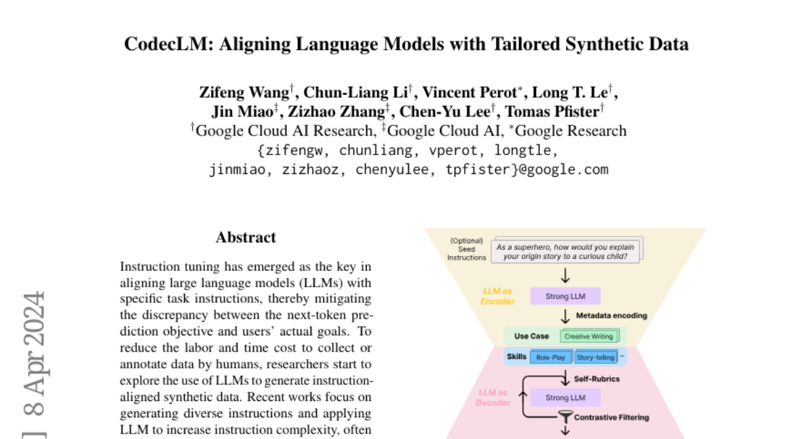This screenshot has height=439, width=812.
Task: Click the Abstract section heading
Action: pos(246,238)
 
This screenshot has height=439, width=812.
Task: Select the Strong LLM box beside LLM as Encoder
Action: pos(566,296)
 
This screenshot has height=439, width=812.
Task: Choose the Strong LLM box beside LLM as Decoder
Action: pos(566,398)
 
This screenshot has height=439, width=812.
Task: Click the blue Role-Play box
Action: pos(550,357)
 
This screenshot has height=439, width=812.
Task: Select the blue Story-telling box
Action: pos(594,357)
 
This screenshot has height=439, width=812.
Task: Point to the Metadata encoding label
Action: pos(611,315)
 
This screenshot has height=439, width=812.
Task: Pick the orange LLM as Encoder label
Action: pos(497,296)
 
